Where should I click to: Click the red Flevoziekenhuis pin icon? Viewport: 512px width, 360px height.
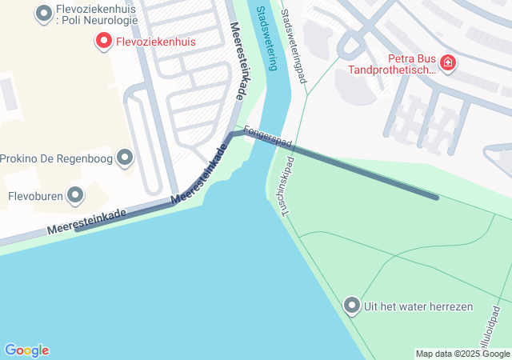103,41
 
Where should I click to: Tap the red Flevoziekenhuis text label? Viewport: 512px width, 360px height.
157,41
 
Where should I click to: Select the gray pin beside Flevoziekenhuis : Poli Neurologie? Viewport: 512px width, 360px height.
44,13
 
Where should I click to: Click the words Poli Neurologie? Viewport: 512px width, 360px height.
100,22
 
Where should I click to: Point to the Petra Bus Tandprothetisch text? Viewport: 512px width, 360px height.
392,63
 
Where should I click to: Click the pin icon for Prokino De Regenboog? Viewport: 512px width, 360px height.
124,158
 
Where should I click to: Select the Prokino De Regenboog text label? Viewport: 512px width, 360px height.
55,158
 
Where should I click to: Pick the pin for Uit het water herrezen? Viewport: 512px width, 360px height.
351,306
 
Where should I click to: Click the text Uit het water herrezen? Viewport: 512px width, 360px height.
418,306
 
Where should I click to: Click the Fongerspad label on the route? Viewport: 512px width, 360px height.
268,135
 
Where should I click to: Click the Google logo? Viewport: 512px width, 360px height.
26,350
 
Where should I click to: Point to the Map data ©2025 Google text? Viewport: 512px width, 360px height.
462,354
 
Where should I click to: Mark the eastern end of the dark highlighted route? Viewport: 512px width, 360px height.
436,197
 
